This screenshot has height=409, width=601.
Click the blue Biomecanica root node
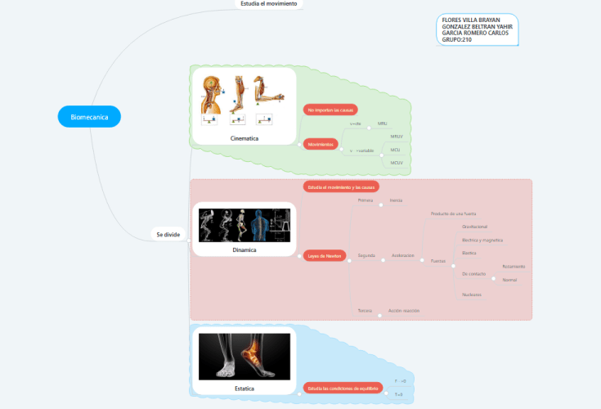(89, 117)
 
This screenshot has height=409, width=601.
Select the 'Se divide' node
(168, 235)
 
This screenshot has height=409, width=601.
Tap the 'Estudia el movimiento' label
(269, 4)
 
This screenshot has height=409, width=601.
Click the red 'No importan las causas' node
(331, 109)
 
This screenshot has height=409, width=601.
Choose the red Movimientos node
(320, 144)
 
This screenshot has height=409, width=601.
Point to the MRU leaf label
(382, 124)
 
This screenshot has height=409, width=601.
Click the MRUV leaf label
(397, 137)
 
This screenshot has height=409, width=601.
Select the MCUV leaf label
(397, 163)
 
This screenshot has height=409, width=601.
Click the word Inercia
(396, 200)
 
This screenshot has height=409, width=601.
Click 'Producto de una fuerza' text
(454, 213)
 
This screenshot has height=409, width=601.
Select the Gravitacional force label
(474, 227)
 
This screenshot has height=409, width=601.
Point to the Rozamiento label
(514, 267)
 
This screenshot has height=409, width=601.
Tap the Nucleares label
(472, 294)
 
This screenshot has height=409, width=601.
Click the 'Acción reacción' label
(404, 311)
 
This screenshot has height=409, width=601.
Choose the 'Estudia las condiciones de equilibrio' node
(343, 388)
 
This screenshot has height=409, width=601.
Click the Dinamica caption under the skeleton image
(244, 249)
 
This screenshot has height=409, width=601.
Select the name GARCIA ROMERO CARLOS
(475, 33)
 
